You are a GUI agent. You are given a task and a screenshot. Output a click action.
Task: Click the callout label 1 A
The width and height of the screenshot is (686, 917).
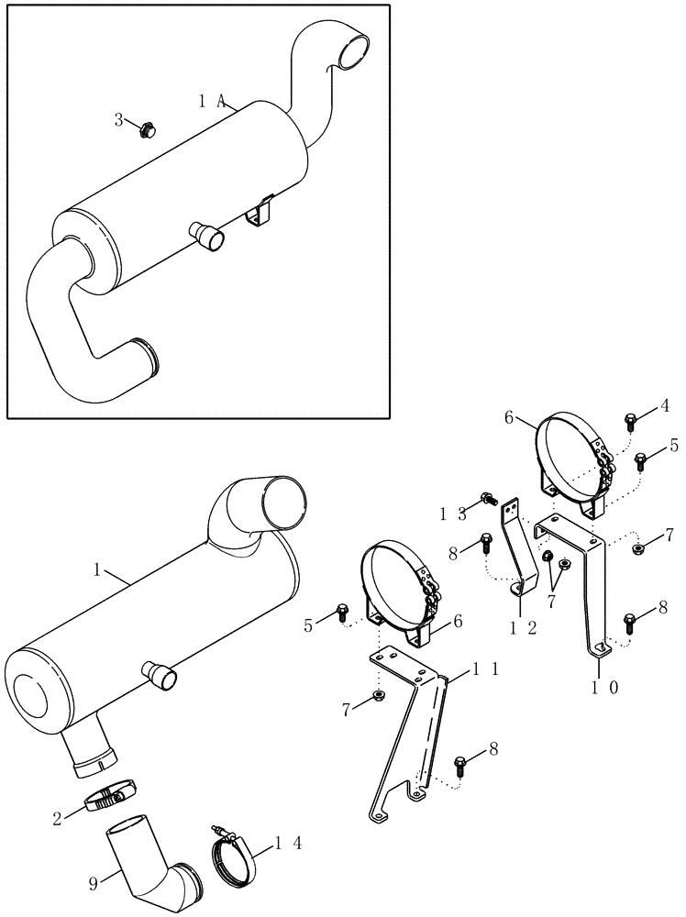point(211,103)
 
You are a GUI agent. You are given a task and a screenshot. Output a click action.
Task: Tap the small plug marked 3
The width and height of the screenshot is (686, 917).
point(143,130)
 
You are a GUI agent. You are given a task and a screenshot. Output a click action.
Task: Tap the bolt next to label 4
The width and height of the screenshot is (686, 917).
point(632,422)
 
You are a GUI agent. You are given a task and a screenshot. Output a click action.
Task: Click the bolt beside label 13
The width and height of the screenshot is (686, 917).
point(487,502)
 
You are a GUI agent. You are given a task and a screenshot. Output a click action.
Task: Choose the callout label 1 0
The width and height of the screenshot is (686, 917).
point(601,687)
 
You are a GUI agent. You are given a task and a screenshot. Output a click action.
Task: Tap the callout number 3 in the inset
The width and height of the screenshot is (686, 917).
point(117,119)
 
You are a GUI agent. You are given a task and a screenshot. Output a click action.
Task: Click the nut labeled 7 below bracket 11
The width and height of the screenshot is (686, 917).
point(379,701)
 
